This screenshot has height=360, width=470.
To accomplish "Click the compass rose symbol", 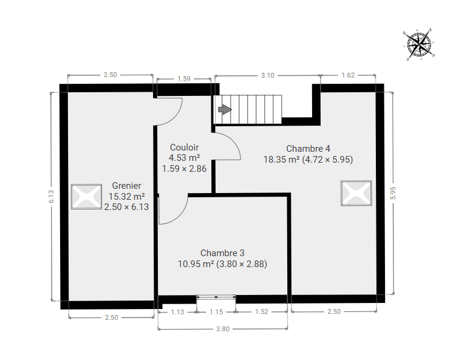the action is click(419, 44).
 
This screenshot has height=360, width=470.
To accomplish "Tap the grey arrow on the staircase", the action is click(225, 109).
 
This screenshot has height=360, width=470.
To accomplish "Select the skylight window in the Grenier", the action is click(86, 196).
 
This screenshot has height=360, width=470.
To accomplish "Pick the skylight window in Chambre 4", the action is click(356, 193).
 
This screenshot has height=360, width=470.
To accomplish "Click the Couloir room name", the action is click(185, 148).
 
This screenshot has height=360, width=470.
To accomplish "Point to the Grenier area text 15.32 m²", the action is click(126, 197).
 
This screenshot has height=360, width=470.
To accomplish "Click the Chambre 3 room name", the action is click(222, 253).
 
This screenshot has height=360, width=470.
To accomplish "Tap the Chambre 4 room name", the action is click(308, 149).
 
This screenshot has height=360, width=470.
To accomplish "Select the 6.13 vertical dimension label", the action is click(51, 197).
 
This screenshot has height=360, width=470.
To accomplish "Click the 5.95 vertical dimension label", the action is click(393, 193).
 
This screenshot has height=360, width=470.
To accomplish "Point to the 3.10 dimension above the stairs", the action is click(267, 75).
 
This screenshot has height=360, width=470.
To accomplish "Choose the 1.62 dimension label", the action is click(348, 75).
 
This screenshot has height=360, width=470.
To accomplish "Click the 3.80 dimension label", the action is click(223, 329).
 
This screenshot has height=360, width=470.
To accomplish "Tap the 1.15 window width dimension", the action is click(216, 312).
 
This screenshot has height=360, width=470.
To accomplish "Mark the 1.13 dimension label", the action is click(177, 312).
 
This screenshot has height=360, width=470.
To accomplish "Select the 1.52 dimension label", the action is click(261, 312).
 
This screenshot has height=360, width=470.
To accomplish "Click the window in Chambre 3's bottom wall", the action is click(216, 297).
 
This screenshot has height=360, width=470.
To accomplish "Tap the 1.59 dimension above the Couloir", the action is click(184, 79).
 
